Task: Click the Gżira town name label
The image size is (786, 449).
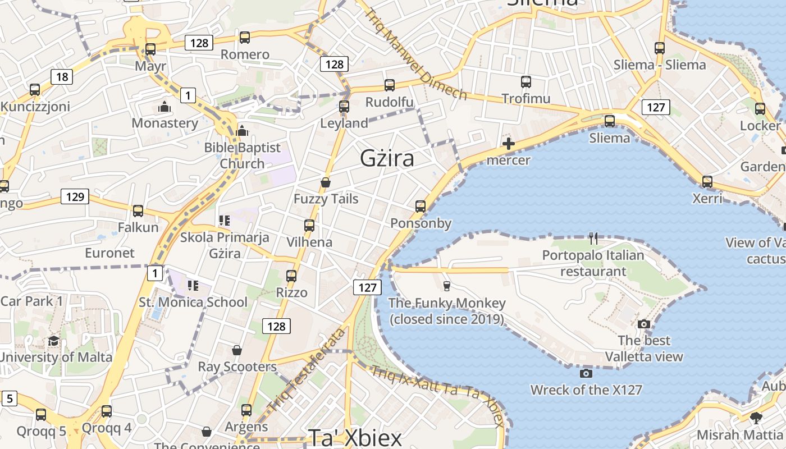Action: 387,158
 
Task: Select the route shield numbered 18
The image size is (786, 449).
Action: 62,77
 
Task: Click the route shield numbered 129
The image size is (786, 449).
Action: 75,196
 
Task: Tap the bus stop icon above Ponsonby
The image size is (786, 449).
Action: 421,206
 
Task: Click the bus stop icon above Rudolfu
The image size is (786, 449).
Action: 390,85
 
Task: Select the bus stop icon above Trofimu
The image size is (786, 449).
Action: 526,82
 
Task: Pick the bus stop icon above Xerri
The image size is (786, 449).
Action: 707,181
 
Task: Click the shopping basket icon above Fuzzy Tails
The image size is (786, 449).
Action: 326,182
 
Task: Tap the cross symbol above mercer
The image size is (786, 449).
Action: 509,144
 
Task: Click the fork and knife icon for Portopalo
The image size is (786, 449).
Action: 593,239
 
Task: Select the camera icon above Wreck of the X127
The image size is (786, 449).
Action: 586,373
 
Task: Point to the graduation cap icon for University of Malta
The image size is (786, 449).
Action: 53,341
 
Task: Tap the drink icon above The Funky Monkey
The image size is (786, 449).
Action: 447,286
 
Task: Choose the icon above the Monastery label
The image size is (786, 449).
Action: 164,107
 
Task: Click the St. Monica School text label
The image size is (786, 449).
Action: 193,303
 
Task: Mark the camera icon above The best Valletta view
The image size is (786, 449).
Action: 644,324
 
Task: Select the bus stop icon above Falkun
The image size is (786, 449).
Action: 138,211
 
